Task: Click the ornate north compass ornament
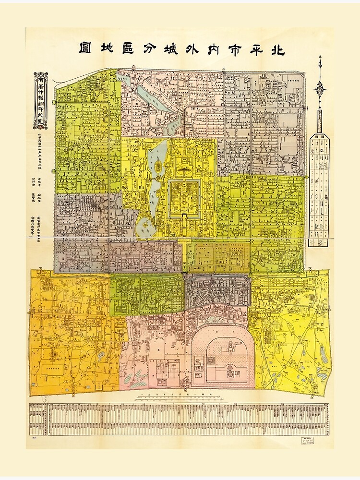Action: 320,86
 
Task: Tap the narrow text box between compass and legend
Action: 320,117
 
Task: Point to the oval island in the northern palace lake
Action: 158,166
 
